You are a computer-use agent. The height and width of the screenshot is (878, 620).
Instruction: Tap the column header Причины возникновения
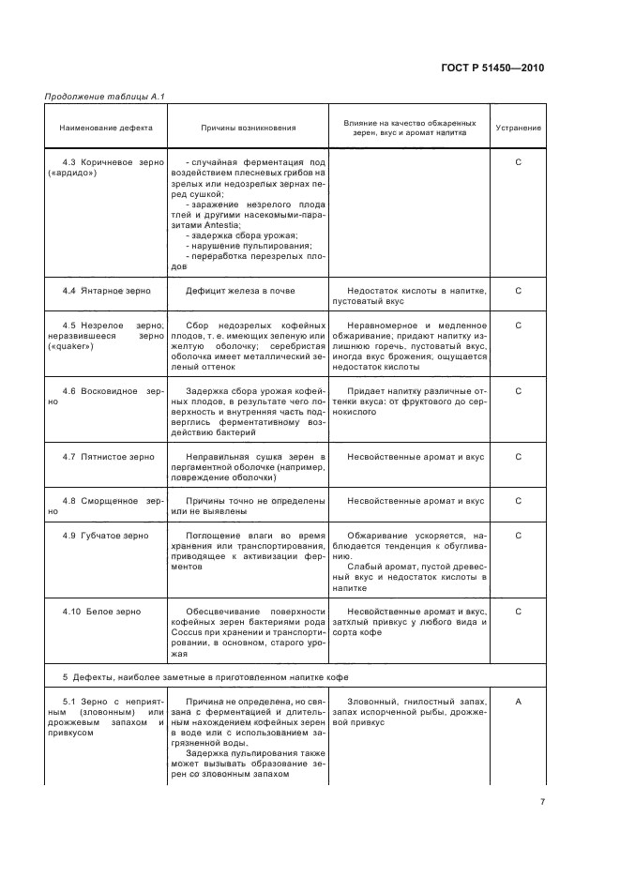pos(248,128)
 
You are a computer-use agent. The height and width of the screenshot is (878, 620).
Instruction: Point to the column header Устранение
pos(519,128)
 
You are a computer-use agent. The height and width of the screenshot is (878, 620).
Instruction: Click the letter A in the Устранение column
pos(519,701)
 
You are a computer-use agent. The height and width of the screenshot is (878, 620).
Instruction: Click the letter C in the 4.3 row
pos(519,162)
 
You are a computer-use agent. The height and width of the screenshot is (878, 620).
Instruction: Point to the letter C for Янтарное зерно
pos(519,291)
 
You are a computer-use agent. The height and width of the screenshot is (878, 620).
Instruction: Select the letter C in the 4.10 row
pos(519,611)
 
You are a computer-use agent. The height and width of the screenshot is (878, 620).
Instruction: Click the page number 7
pos(543,802)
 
